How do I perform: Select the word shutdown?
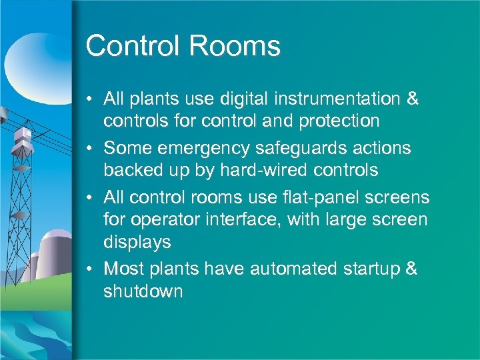(x=143, y=291)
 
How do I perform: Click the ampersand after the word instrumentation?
(x=412, y=99)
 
